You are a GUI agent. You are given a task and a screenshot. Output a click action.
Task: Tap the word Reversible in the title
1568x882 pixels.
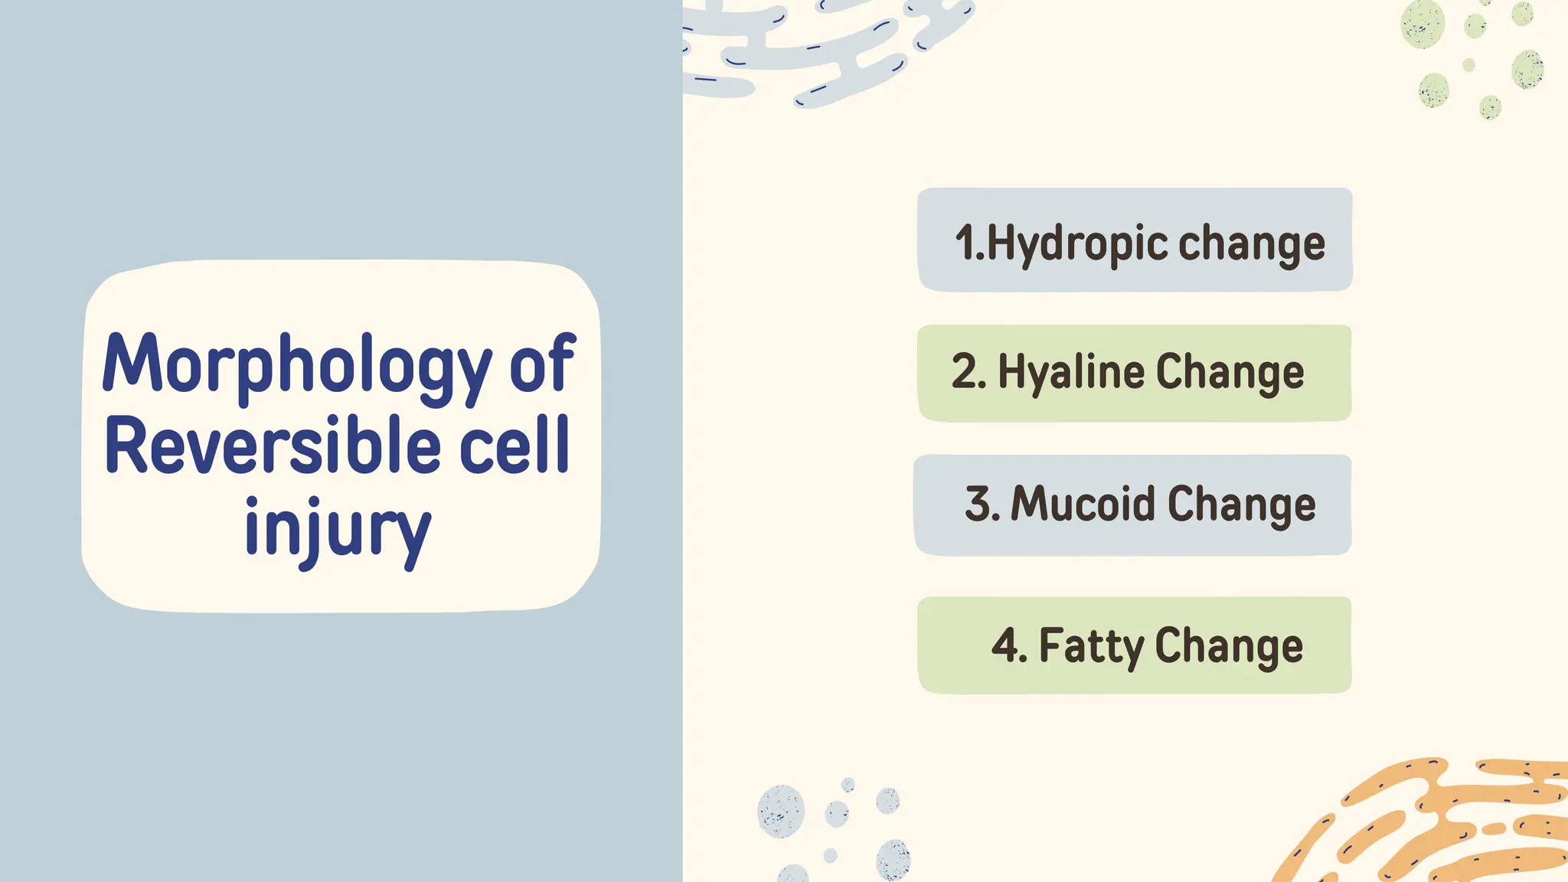pyautogui.click(x=273, y=446)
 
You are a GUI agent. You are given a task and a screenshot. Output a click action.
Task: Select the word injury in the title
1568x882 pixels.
pyautogui.click(x=338, y=528)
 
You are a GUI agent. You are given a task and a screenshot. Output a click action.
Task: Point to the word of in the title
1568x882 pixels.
pyautogui.click(x=542, y=364)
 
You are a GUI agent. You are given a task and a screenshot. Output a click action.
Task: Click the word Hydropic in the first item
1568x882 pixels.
pyautogui.click(x=1077, y=244)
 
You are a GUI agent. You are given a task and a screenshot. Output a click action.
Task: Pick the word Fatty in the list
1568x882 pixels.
pyautogui.click(x=1090, y=645)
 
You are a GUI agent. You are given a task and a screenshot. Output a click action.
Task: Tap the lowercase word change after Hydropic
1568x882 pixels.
pyautogui.click(x=1251, y=244)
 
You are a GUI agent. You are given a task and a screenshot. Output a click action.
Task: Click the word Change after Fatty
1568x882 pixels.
pyautogui.click(x=1228, y=645)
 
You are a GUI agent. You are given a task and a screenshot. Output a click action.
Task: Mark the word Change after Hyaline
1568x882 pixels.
pyautogui.click(x=1230, y=373)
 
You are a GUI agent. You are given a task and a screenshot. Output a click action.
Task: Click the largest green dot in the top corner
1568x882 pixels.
pyautogui.click(x=1423, y=25)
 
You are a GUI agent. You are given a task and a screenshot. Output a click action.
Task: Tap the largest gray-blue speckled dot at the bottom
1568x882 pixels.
pyautogui.click(x=781, y=811)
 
